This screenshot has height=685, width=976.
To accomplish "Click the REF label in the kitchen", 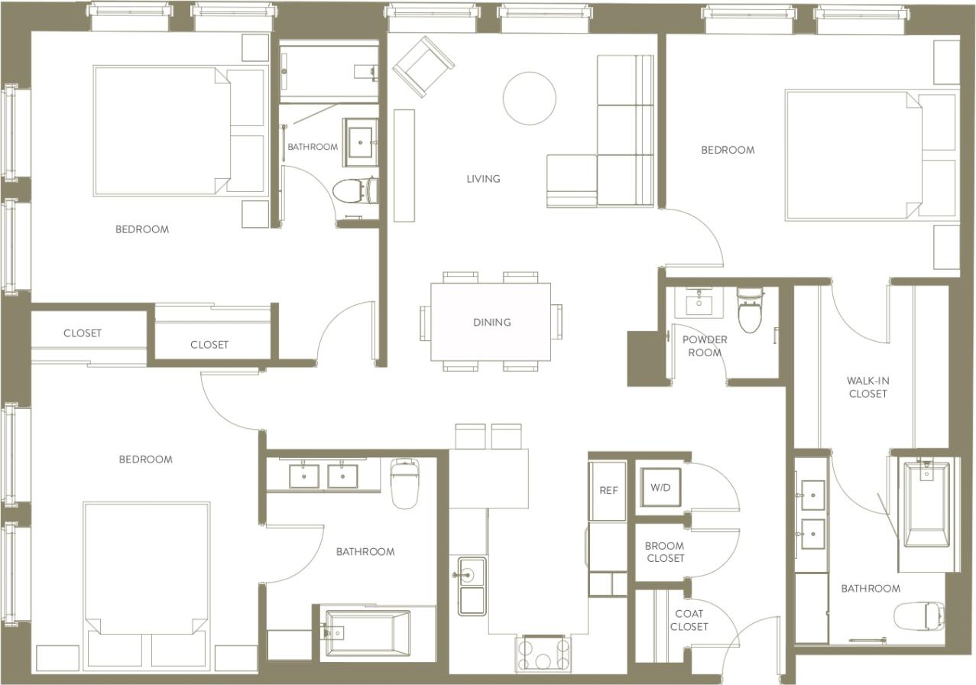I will pos(608,490).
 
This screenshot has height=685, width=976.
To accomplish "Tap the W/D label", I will pos(660,488).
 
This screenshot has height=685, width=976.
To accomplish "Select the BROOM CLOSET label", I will pos(665,552).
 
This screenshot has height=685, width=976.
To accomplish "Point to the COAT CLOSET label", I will pos(689,620).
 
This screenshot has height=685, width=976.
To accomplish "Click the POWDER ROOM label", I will pos(705,346).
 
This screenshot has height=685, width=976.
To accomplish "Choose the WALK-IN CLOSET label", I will pos(867,387).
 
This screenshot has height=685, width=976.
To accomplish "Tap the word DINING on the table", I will pos(491,322).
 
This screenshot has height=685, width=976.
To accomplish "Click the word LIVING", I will pos(483,179).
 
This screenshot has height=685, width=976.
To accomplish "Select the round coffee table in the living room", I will pos(529,98).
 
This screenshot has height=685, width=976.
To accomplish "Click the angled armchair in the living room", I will pos(423,67).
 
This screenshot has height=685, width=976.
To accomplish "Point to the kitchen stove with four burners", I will pos(543,654).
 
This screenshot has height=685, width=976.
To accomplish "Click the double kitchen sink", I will pos(472,586).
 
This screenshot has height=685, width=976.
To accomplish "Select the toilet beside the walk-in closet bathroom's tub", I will pos(919,615).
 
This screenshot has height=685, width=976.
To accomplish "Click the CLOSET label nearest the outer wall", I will pos(83,333).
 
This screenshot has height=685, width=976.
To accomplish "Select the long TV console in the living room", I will pos(404,165).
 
